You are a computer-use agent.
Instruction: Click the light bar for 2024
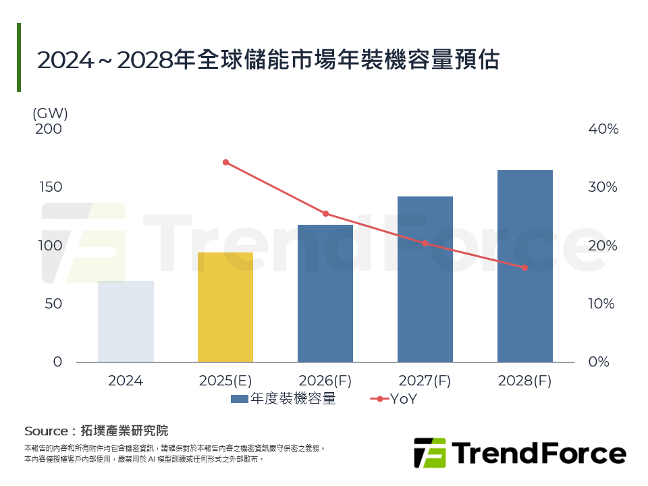pyautogui.click(x=126, y=321)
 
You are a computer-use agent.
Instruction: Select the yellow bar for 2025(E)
pyautogui.click(x=225, y=307)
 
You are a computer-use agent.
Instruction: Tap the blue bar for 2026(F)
pyautogui.click(x=325, y=294)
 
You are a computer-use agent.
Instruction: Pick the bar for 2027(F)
pyautogui.click(x=425, y=279)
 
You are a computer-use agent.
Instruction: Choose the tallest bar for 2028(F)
pyautogui.click(x=525, y=266)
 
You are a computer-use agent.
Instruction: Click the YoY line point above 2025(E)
pyautogui.click(x=225, y=162)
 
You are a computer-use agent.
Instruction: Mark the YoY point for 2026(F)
pyautogui.click(x=325, y=214)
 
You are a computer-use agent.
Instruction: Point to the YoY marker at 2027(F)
pyautogui.click(x=425, y=243)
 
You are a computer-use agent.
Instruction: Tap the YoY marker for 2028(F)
pyautogui.click(x=524, y=268)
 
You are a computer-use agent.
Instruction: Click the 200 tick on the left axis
pyautogui.click(x=49, y=129)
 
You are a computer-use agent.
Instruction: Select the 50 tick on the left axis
pyautogui.click(x=53, y=304)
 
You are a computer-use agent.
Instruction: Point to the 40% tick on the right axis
pyautogui.click(x=603, y=129)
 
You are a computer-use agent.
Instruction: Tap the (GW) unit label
pyautogui.click(x=50, y=113)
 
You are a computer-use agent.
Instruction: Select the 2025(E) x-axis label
pyautogui.click(x=225, y=381)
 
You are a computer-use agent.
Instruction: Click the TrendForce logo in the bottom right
pyautogui.click(x=519, y=453)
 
